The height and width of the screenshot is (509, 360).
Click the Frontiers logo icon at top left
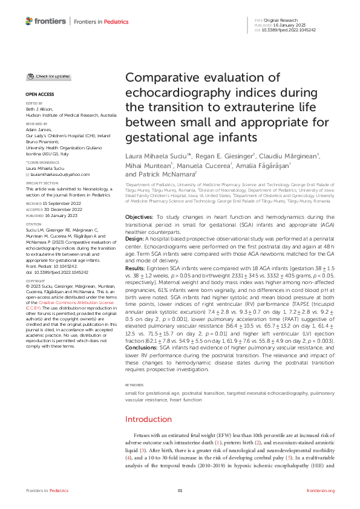pyautogui.click(x=29, y=21)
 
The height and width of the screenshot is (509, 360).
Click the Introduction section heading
pyautogui.click(x=148, y=419)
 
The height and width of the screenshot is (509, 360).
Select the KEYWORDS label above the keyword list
pyautogui.click(x=134, y=384)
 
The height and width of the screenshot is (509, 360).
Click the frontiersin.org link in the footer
pyautogui.click(x=320, y=490)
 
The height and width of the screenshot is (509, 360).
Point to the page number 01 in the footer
pyautogui.click(x=180, y=490)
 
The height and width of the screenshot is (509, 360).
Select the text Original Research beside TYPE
pyautogui.click(x=278, y=20)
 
